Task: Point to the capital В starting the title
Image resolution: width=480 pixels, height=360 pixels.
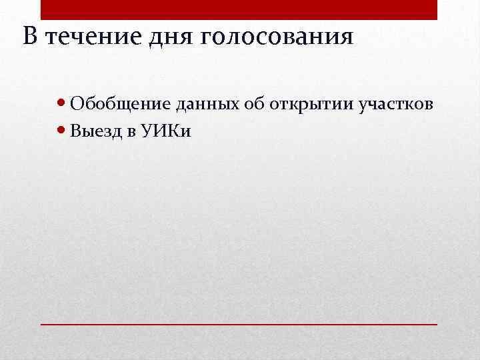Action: click(x=29, y=36)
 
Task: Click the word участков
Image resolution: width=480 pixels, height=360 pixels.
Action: click(x=397, y=105)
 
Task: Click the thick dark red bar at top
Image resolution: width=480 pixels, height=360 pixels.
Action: click(x=239, y=10)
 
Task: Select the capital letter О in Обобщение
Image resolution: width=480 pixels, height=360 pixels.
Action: click(x=76, y=104)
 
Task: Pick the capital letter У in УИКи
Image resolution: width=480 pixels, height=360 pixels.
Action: click(x=147, y=131)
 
